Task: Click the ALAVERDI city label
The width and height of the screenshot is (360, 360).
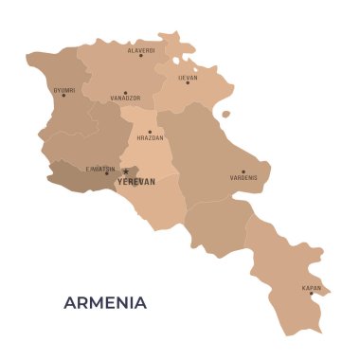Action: (x=141, y=48)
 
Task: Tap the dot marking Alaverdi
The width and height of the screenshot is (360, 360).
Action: (x=141, y=55)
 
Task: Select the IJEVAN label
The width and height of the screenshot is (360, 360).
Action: (x=188, y=76)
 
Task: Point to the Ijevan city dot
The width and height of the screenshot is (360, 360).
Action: (x=188, y=82)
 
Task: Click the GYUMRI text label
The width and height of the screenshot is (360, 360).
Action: (x=63, y=88)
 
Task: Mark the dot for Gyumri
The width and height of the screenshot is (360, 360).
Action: (x=63, y=95)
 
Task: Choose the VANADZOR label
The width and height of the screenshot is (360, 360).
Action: (x=125, y=99)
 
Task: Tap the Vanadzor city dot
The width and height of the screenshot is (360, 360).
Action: (x=125, y=93)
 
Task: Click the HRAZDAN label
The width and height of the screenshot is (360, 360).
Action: (x=150, y=138)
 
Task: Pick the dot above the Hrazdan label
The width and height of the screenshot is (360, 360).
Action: (x=150, y=132)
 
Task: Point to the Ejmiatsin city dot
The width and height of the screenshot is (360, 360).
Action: (x=107, y=174)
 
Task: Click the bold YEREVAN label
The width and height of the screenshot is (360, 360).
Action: (x=135, y=181)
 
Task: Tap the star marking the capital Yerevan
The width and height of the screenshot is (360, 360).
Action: (x=125, y=172)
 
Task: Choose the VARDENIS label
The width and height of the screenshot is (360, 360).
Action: (x=243, y=178)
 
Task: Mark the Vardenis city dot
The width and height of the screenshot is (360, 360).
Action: (x=243, y=171)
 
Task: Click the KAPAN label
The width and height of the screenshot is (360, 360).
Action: (x=311, y=287)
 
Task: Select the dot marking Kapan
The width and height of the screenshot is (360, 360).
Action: (x=311, y=293)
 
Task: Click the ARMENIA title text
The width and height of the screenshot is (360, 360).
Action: (x=104, y=303)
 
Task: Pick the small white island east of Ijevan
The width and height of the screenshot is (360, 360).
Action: (x=225, y=115)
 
